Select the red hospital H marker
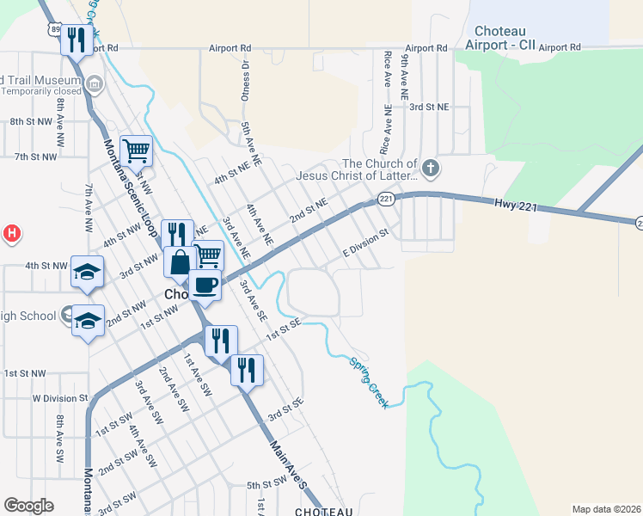click(x=12, y=232)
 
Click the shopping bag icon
click(x=180, y=261)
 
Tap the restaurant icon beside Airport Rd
click(x=77, y=39)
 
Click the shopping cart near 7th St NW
click(x=136, y=150)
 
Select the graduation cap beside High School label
click(x=88, y=320)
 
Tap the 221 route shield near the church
click(x=386, y=200)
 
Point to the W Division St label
click(x=60, y=398)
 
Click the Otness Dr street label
click(x=245, y=82)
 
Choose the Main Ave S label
click(x=288, y=465)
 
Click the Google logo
click(x=28, y=506)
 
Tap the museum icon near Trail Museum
click(x=95, y=84)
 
